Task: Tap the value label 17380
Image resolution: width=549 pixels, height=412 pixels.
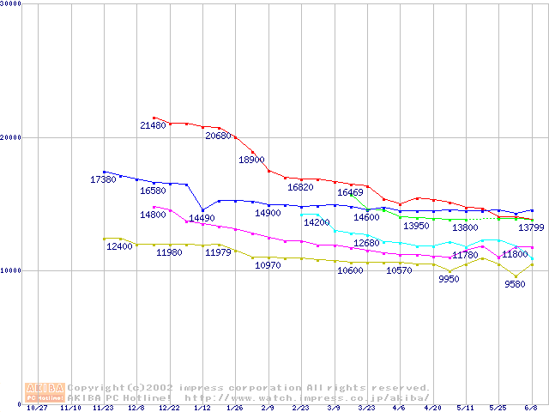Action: tap(103, 179)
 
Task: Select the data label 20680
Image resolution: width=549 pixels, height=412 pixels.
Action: tap(219, 136)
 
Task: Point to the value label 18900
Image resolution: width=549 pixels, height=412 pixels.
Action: tap(251, 160)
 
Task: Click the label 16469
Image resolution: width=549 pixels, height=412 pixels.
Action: tap(350, 192)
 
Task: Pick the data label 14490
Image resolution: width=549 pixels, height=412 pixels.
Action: tap(202, 218)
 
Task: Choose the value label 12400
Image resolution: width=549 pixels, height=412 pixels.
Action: tap(119, 246)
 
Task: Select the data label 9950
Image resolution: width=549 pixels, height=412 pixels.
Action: tap(449, 279)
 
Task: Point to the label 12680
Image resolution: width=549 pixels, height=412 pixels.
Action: tap(366, 243)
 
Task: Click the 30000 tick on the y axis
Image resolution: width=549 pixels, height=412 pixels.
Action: tap(11, 4)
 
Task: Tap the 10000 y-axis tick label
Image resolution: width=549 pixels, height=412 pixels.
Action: tap(11, 270)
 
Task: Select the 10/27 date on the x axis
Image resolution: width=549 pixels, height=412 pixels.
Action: tap(38, 409)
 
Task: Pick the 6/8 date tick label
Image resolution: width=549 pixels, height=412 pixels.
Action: tap(531, 409)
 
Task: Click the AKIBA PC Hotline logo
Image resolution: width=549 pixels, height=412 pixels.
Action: tap(45, 392)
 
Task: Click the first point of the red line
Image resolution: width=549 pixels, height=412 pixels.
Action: tap(154, 118)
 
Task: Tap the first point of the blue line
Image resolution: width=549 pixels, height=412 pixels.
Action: tap(104, 172)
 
